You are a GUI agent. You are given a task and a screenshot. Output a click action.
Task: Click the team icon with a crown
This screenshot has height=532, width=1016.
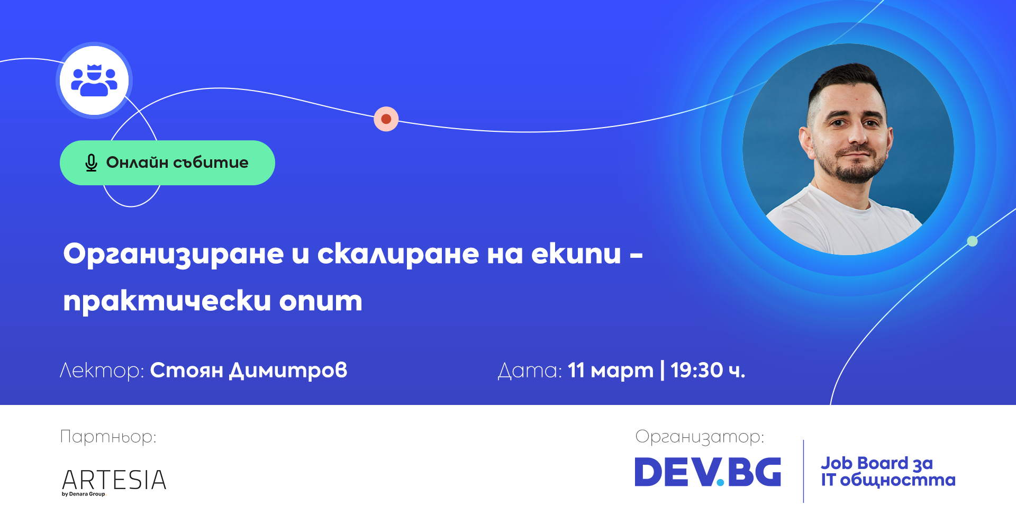click(94, 80)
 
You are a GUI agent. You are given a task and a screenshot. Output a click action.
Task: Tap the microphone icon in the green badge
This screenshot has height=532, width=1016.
click(91, 163)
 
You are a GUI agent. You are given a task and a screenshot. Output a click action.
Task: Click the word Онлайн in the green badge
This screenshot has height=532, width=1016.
click(137, 162)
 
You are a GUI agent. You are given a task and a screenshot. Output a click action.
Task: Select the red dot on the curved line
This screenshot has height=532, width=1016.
click(386, 119)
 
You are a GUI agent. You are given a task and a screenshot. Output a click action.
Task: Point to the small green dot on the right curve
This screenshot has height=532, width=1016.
click(972, 241)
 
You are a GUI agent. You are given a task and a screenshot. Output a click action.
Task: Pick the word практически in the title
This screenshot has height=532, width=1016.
click(167, 301)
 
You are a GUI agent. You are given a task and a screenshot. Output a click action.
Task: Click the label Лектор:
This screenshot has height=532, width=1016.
click(102, 370)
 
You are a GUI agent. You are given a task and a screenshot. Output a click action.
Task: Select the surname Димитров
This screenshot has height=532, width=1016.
click(288, 370)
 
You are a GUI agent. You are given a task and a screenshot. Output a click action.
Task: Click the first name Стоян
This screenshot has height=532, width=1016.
click(187, 370)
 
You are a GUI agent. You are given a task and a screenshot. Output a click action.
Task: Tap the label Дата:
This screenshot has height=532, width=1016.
click(530, 371)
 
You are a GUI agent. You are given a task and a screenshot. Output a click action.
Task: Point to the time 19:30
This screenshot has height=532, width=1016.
click(696, 370)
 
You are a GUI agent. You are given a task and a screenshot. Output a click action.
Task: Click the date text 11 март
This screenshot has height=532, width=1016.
click(611, 371)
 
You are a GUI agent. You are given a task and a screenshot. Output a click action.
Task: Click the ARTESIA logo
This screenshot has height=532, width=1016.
click(114, 480)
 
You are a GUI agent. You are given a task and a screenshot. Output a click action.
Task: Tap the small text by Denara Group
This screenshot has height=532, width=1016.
click(84, 494)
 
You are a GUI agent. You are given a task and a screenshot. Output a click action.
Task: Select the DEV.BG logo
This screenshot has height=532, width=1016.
click(707, 472)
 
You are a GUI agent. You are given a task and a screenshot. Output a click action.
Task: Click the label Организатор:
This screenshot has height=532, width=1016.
click(700, 437)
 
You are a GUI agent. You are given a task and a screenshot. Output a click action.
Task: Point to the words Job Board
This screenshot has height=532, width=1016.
click(865, 463)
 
